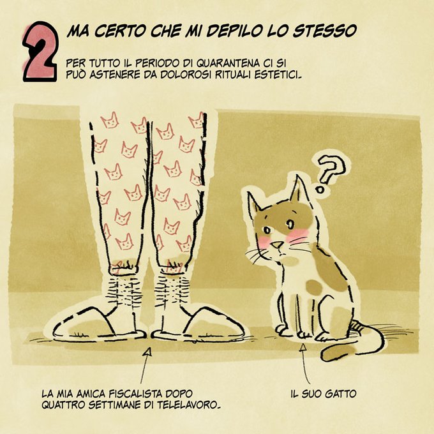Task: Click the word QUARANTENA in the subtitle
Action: [x=228, y=63]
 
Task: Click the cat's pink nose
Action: [x=277, y=244]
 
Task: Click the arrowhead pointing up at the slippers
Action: [x=148, y=352]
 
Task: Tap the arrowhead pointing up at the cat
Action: [x=303, y=347]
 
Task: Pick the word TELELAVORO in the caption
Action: [x=189, y=405]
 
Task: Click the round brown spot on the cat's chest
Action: [x=314, y=287]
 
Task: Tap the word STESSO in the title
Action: [x=325, y=31]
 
